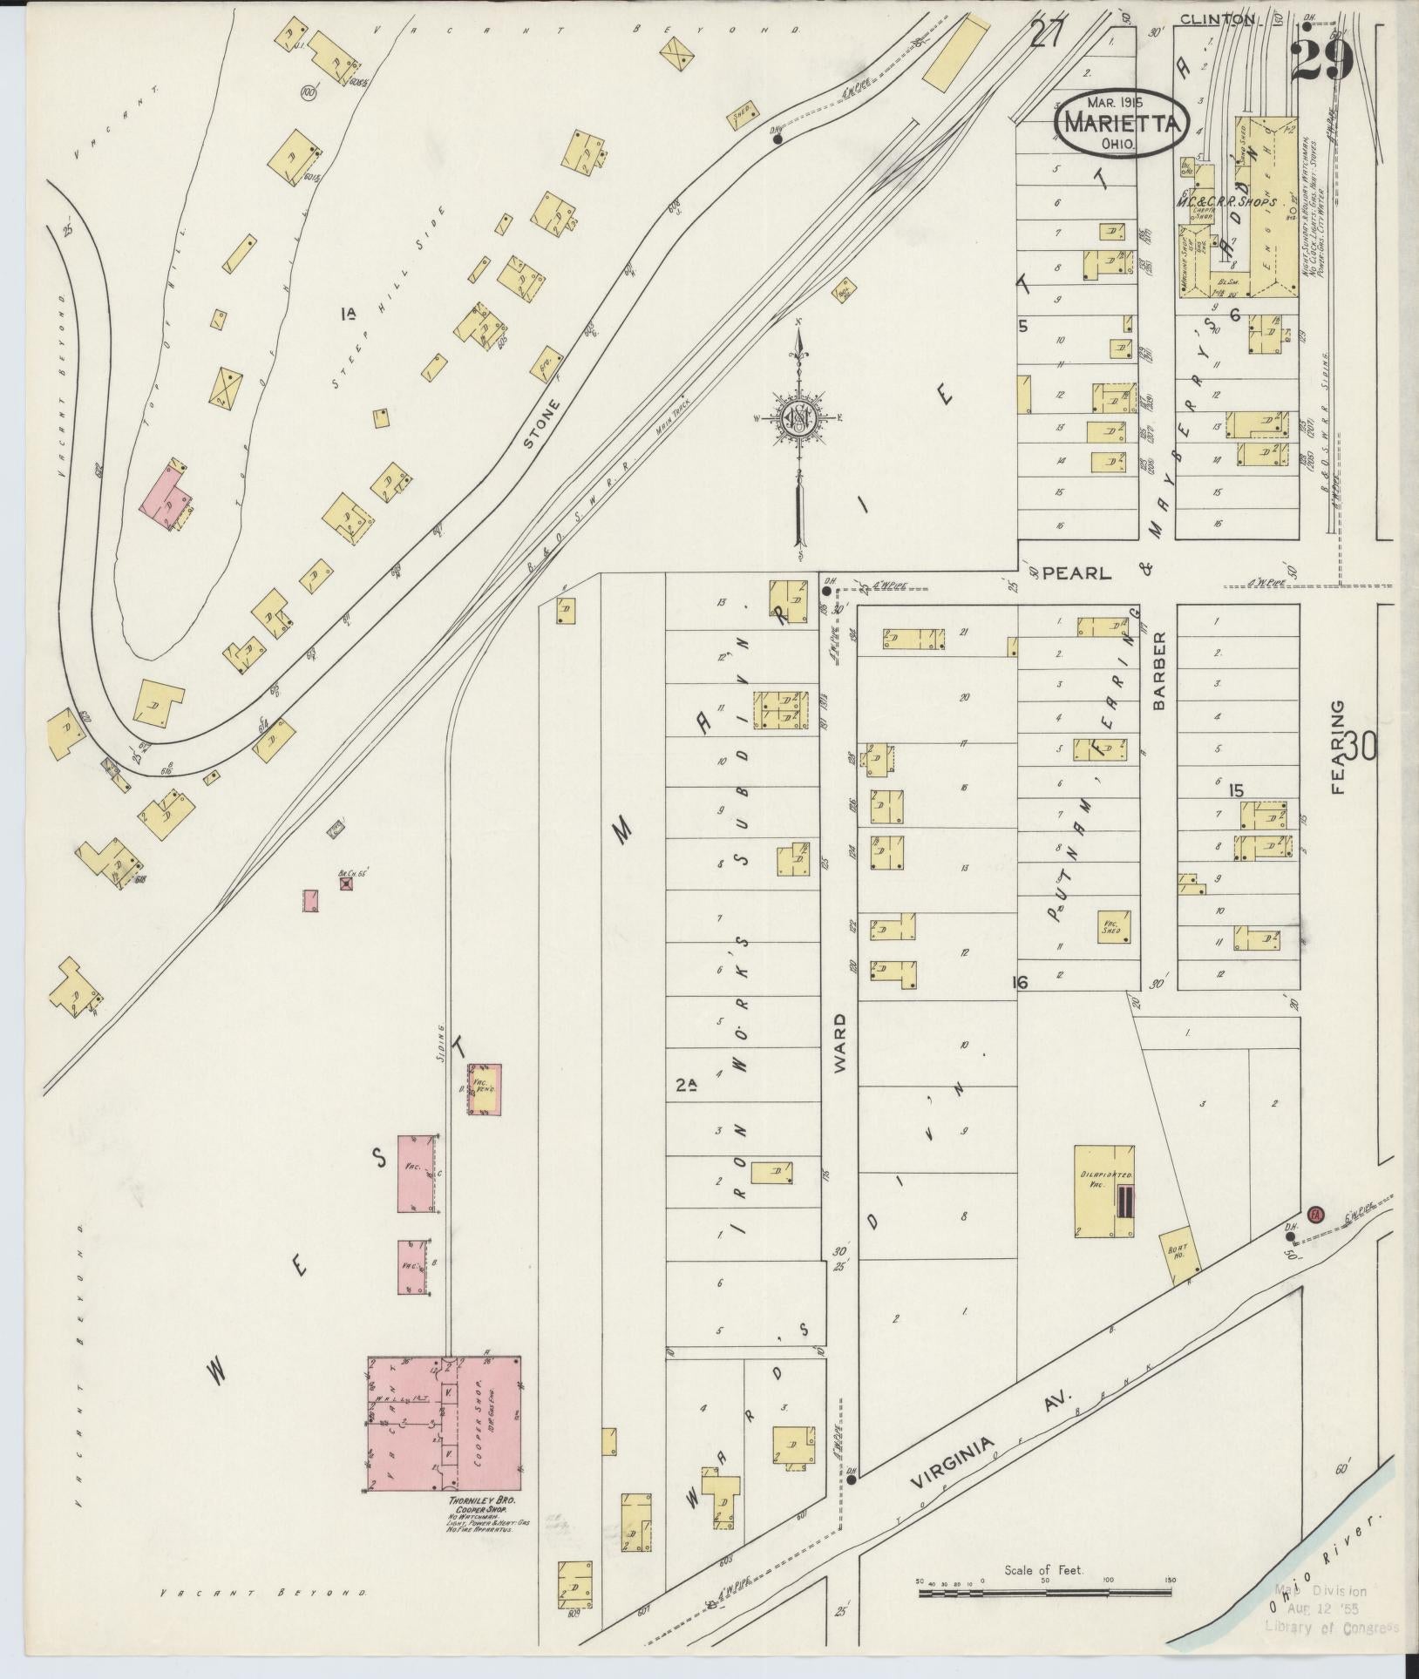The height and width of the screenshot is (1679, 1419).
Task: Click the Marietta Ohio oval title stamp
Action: click(1122, 125)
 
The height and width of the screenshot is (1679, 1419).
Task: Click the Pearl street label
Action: click(1077, 573)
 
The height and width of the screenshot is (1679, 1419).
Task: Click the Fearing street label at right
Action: click(1338, 747)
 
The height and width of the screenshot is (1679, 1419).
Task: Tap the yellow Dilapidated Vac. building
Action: click(1103, 1189)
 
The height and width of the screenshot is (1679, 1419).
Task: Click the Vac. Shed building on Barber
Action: click(1114, 927)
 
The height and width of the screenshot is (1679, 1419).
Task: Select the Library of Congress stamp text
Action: click(1332, 1626)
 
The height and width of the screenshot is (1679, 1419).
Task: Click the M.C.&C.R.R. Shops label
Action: click(1226, 201)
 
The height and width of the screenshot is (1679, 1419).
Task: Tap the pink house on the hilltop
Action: click(172, 496)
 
